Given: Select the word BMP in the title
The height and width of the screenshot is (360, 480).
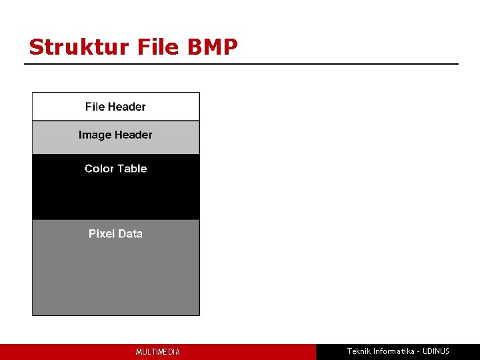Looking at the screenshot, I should click(x=213, y=47).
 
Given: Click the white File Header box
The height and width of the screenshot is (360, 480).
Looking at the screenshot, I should click(x=115, y=107).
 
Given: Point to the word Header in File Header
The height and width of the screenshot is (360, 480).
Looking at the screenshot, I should click(x=127, y=107).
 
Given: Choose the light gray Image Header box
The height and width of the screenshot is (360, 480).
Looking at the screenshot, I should click(x=115, y=137).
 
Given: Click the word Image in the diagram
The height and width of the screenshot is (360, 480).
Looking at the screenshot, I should click(x=94, y=135).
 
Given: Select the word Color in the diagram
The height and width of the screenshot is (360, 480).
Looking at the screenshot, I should click(x=99, y=169).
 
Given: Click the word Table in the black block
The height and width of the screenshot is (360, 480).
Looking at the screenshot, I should click(x=132, y=169).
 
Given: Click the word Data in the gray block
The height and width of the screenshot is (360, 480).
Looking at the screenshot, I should click(x=129, y=233).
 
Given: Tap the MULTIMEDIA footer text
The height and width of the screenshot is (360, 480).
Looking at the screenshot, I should click(x=158, y=352).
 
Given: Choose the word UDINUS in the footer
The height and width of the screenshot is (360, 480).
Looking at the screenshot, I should click(x=437, y=351).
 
